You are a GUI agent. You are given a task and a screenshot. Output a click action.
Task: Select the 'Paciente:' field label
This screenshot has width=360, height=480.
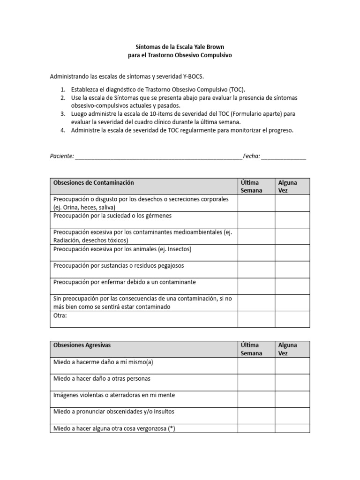[x=62, y=156]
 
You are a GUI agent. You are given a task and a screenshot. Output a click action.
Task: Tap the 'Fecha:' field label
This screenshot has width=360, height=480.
[x=252, y=156]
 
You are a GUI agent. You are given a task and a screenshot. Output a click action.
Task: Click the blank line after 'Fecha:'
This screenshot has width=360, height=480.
[x=284, y=157]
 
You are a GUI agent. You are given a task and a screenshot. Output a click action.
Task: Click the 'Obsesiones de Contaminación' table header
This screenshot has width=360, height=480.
[x=94, y=182]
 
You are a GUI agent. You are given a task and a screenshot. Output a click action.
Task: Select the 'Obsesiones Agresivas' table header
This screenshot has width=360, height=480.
[x=82, y=345]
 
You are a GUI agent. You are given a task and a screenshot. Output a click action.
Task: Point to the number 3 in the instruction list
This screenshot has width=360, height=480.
[x=63, y=114]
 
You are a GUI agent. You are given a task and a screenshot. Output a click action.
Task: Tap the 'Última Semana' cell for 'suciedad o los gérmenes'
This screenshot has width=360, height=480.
[x=256, y=219]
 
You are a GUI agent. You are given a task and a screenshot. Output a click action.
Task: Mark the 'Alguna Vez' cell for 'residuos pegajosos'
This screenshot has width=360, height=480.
[x=292, y=269]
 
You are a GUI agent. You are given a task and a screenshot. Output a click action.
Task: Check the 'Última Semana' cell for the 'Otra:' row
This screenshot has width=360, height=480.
[x=256, y=319]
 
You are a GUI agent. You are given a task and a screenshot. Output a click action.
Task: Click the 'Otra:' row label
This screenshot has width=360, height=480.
[x=60, y=315]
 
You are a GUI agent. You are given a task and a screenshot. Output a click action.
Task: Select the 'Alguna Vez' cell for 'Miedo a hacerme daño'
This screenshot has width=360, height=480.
[x=292, y=366]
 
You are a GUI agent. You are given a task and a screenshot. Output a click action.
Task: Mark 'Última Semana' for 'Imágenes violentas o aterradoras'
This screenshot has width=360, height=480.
[x=256, y=398]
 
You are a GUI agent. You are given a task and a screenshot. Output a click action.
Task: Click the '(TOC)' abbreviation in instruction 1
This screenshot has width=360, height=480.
[x=237, y=90]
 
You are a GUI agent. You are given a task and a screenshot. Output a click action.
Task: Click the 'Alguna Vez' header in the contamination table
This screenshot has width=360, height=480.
[x=287, y=186]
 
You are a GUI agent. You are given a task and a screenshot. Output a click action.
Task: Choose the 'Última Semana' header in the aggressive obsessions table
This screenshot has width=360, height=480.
[x=251, y=349]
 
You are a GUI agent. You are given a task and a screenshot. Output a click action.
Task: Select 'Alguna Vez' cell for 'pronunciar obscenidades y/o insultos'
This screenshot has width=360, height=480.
[x=292, y=415]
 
